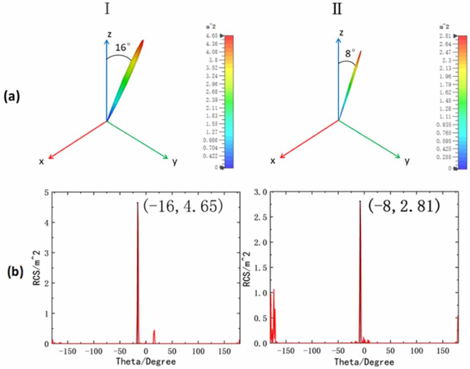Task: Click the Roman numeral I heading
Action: coord(107,9)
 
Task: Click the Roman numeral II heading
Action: coord(337,9)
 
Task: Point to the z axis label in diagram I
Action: coord(109,34)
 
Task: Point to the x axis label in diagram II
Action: coord(273,161)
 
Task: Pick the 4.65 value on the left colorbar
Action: coord(212,36)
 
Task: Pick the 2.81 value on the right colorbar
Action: coord(444,36)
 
